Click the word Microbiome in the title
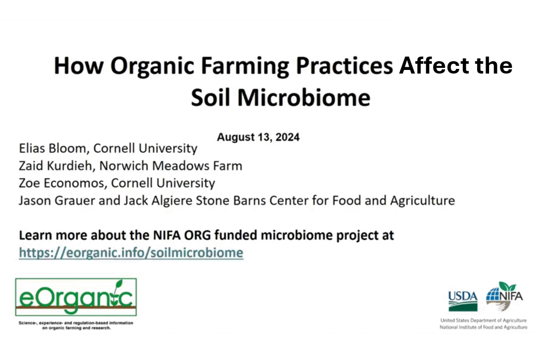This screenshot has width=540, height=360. click(x=304, y=98)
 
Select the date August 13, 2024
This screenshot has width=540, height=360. click(x=258, y=137)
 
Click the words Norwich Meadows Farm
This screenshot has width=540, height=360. click(x=171, y=166)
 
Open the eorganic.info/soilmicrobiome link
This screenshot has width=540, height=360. click(x=131, y=253)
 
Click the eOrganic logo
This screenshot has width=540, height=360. click(x=76, y=297)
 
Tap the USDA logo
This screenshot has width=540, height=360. click(x=463, y=301)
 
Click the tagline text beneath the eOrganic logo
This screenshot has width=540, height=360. click(x=76, y=325)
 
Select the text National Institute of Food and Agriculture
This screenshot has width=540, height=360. click(x=483, y=327)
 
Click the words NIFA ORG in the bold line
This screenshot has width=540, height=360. click(x=182, y=236)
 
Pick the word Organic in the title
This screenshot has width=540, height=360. click(x=153, y=66)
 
